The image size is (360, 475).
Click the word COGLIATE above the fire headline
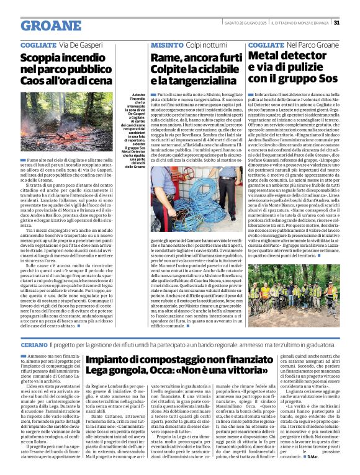click(x=38, y=45)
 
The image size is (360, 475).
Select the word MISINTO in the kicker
click(x=166, y=45)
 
